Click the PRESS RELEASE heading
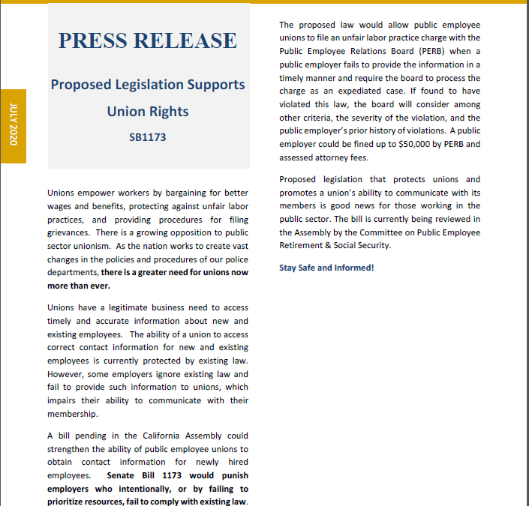click(147, 40)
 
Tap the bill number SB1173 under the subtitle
click(148, 137)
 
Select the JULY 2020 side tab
click(14, 125)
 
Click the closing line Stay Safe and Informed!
click(326, 268)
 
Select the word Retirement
click(304, 245)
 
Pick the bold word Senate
click(122, 475)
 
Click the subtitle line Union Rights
click(148, 112)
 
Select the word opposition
click(179, 232)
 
